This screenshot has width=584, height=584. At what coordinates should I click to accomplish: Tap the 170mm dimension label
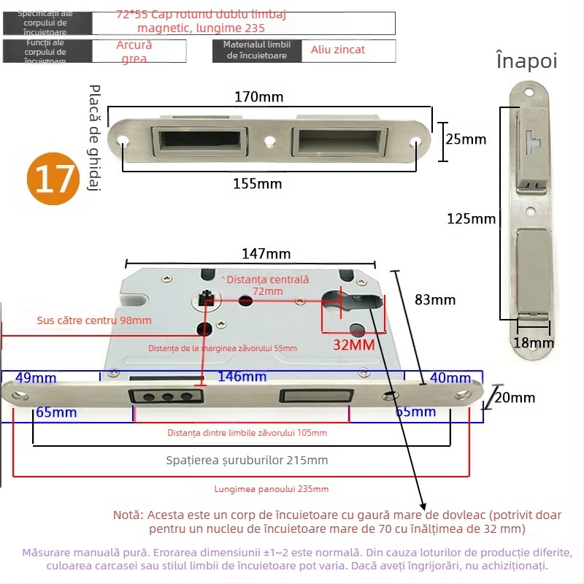(259, 96)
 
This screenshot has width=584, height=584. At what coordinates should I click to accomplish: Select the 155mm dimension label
(257, 184)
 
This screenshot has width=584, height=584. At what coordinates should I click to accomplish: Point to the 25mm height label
(466, 139)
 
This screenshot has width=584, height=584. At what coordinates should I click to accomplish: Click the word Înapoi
(526, 61)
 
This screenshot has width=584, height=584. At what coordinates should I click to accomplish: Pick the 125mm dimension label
(472, 218)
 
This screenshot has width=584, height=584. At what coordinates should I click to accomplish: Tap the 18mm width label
(533, 342)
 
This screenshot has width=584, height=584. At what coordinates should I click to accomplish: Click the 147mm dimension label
(266, 254)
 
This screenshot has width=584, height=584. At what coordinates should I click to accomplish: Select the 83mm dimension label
(435, 299)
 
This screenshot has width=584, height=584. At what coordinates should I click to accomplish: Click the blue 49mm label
(35, 377)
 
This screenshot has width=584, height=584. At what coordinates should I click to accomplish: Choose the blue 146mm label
(243, 377)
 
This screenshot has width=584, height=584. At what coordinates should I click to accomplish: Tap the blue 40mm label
(450, 377)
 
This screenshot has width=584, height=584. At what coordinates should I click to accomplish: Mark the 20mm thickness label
(515, 398)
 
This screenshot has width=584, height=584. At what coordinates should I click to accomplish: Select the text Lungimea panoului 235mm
(271, 489)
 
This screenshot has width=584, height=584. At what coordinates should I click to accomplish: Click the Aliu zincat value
(338, 50)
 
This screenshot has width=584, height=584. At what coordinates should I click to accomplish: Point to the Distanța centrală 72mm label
(268, 285)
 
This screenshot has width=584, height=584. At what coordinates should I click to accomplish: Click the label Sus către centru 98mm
(94, 320)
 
